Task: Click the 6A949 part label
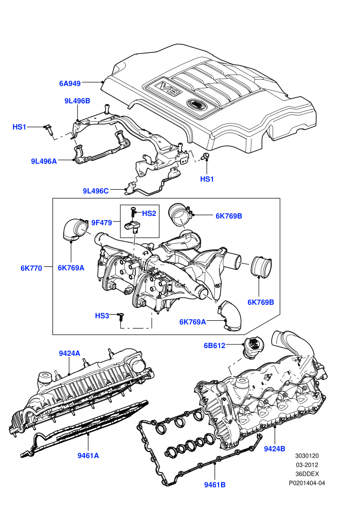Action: click(x=70, y=83)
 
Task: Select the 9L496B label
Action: click(x=77, y=101)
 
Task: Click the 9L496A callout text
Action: click(x=44, y=161)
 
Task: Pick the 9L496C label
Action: click(x=96, y=191)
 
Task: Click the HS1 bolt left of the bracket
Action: click(x=49, y=129)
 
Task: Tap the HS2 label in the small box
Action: click(x=149, y=213)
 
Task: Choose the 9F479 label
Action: click(x=102, y=223)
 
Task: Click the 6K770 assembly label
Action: click(x=31, y=268)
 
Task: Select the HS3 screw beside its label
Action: click(x=121, y=317)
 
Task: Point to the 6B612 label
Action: click(x=214, y=346)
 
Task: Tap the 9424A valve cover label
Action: click(x=69, y=353)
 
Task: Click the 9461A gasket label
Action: click(x=88, y=456)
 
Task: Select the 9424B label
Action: click(x=275, y=449)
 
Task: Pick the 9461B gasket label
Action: click(x=215, y=485)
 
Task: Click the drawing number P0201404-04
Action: click(x=307, y=483)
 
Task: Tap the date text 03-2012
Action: click(x=307, y=465)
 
